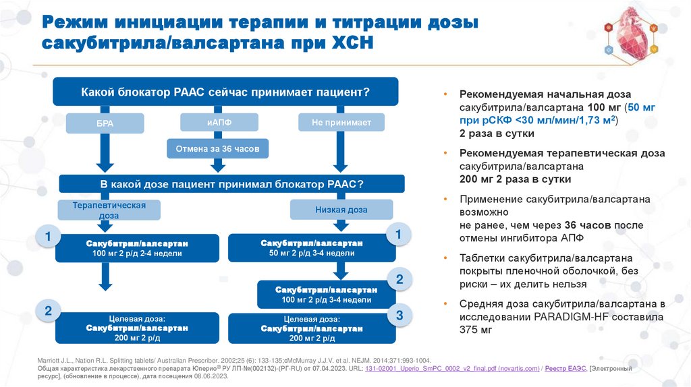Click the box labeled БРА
coord(105,123)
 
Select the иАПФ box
coord(219,122)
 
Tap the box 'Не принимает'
coord(341,122)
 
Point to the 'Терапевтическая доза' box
coord(109,210)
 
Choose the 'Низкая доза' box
coord(341,210)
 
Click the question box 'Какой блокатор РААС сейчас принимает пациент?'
coord(225,92)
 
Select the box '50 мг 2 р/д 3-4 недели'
coord(312,248)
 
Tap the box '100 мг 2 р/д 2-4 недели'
coord(137,248)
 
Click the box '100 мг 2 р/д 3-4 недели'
coord(327,294)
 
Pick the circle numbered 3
coord(399,316)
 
